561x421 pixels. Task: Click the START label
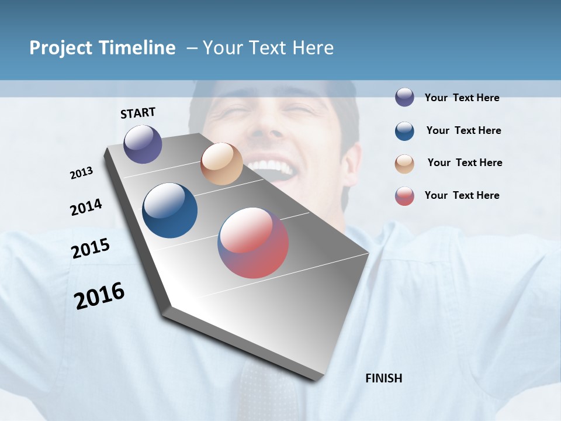[x=138, y=113]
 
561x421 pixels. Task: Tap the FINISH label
[x=383, y=378]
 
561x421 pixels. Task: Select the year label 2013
[x=81, y=173]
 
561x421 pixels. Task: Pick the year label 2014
[x=86, y=208]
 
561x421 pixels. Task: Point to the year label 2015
[x=91, y=249]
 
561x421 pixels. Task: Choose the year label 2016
[x=99, y=296]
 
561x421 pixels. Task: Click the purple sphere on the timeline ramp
[x=143, y=144]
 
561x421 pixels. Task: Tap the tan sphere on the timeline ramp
[x=221, y=164]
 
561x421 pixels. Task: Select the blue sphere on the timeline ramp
[x=169, y=210]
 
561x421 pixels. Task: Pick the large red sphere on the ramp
[x=253, y=242]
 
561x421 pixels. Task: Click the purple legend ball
[x=404, y=97]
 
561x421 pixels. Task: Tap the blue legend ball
[x=404, y=130]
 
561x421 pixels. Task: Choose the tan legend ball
[x=404, y=163]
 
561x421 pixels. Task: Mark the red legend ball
[x=404, y=196]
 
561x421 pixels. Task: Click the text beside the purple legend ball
[x=462, y=98]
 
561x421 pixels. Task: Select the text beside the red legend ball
[x=462, y=195]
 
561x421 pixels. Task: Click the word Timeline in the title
[x=137, y=48]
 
